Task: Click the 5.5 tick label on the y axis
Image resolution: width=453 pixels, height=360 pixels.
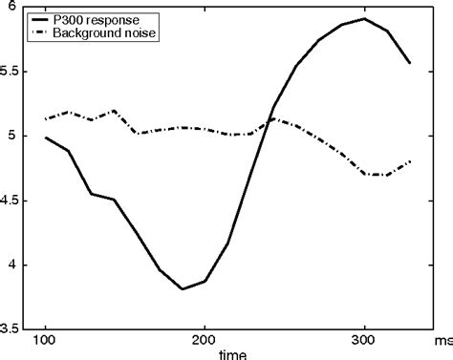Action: tap(12, 72)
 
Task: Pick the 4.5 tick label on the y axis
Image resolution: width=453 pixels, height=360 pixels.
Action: tap(12, 201)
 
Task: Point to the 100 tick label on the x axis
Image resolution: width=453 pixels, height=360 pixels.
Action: tap(45, 341)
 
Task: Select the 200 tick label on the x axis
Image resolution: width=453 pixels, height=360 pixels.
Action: tap(205, 341)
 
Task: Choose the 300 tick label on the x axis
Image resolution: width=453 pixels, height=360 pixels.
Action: tap(364, 341)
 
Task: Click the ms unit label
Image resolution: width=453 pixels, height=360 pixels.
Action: tap(442, 341)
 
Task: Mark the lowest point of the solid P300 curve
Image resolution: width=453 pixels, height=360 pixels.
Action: tap(181, 288)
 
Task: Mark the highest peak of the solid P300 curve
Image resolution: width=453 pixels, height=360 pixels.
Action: tap(364, 18)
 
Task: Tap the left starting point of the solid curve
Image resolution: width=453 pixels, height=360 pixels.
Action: tap(45, 138)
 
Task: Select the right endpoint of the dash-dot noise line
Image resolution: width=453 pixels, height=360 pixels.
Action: tap(411, 161)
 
